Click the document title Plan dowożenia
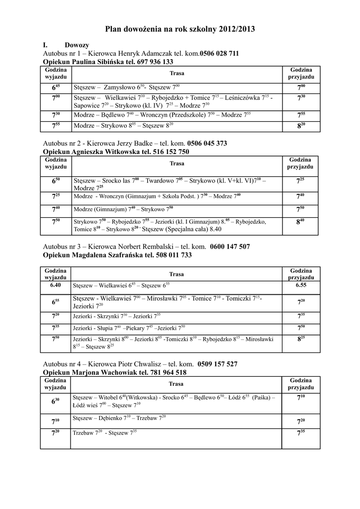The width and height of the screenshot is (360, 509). tap(180, 29)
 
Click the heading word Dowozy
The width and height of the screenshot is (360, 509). tap(77, 45)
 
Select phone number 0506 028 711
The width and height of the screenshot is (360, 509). tap(219, 54)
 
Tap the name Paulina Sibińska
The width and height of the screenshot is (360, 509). tap(96, 62)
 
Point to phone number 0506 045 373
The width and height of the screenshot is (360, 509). tap(207, 143)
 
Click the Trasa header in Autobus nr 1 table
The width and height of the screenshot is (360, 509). tap(177, 74)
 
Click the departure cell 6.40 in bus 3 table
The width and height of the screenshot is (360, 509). tap(56, 286)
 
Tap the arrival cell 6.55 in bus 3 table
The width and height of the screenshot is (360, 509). tap(301, 286)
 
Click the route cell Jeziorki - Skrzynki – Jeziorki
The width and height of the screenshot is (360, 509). tap(116, 316)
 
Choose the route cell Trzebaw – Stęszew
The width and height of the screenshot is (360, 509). tap(104, 432)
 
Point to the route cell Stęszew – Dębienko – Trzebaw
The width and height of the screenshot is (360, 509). tap(119, 418)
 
